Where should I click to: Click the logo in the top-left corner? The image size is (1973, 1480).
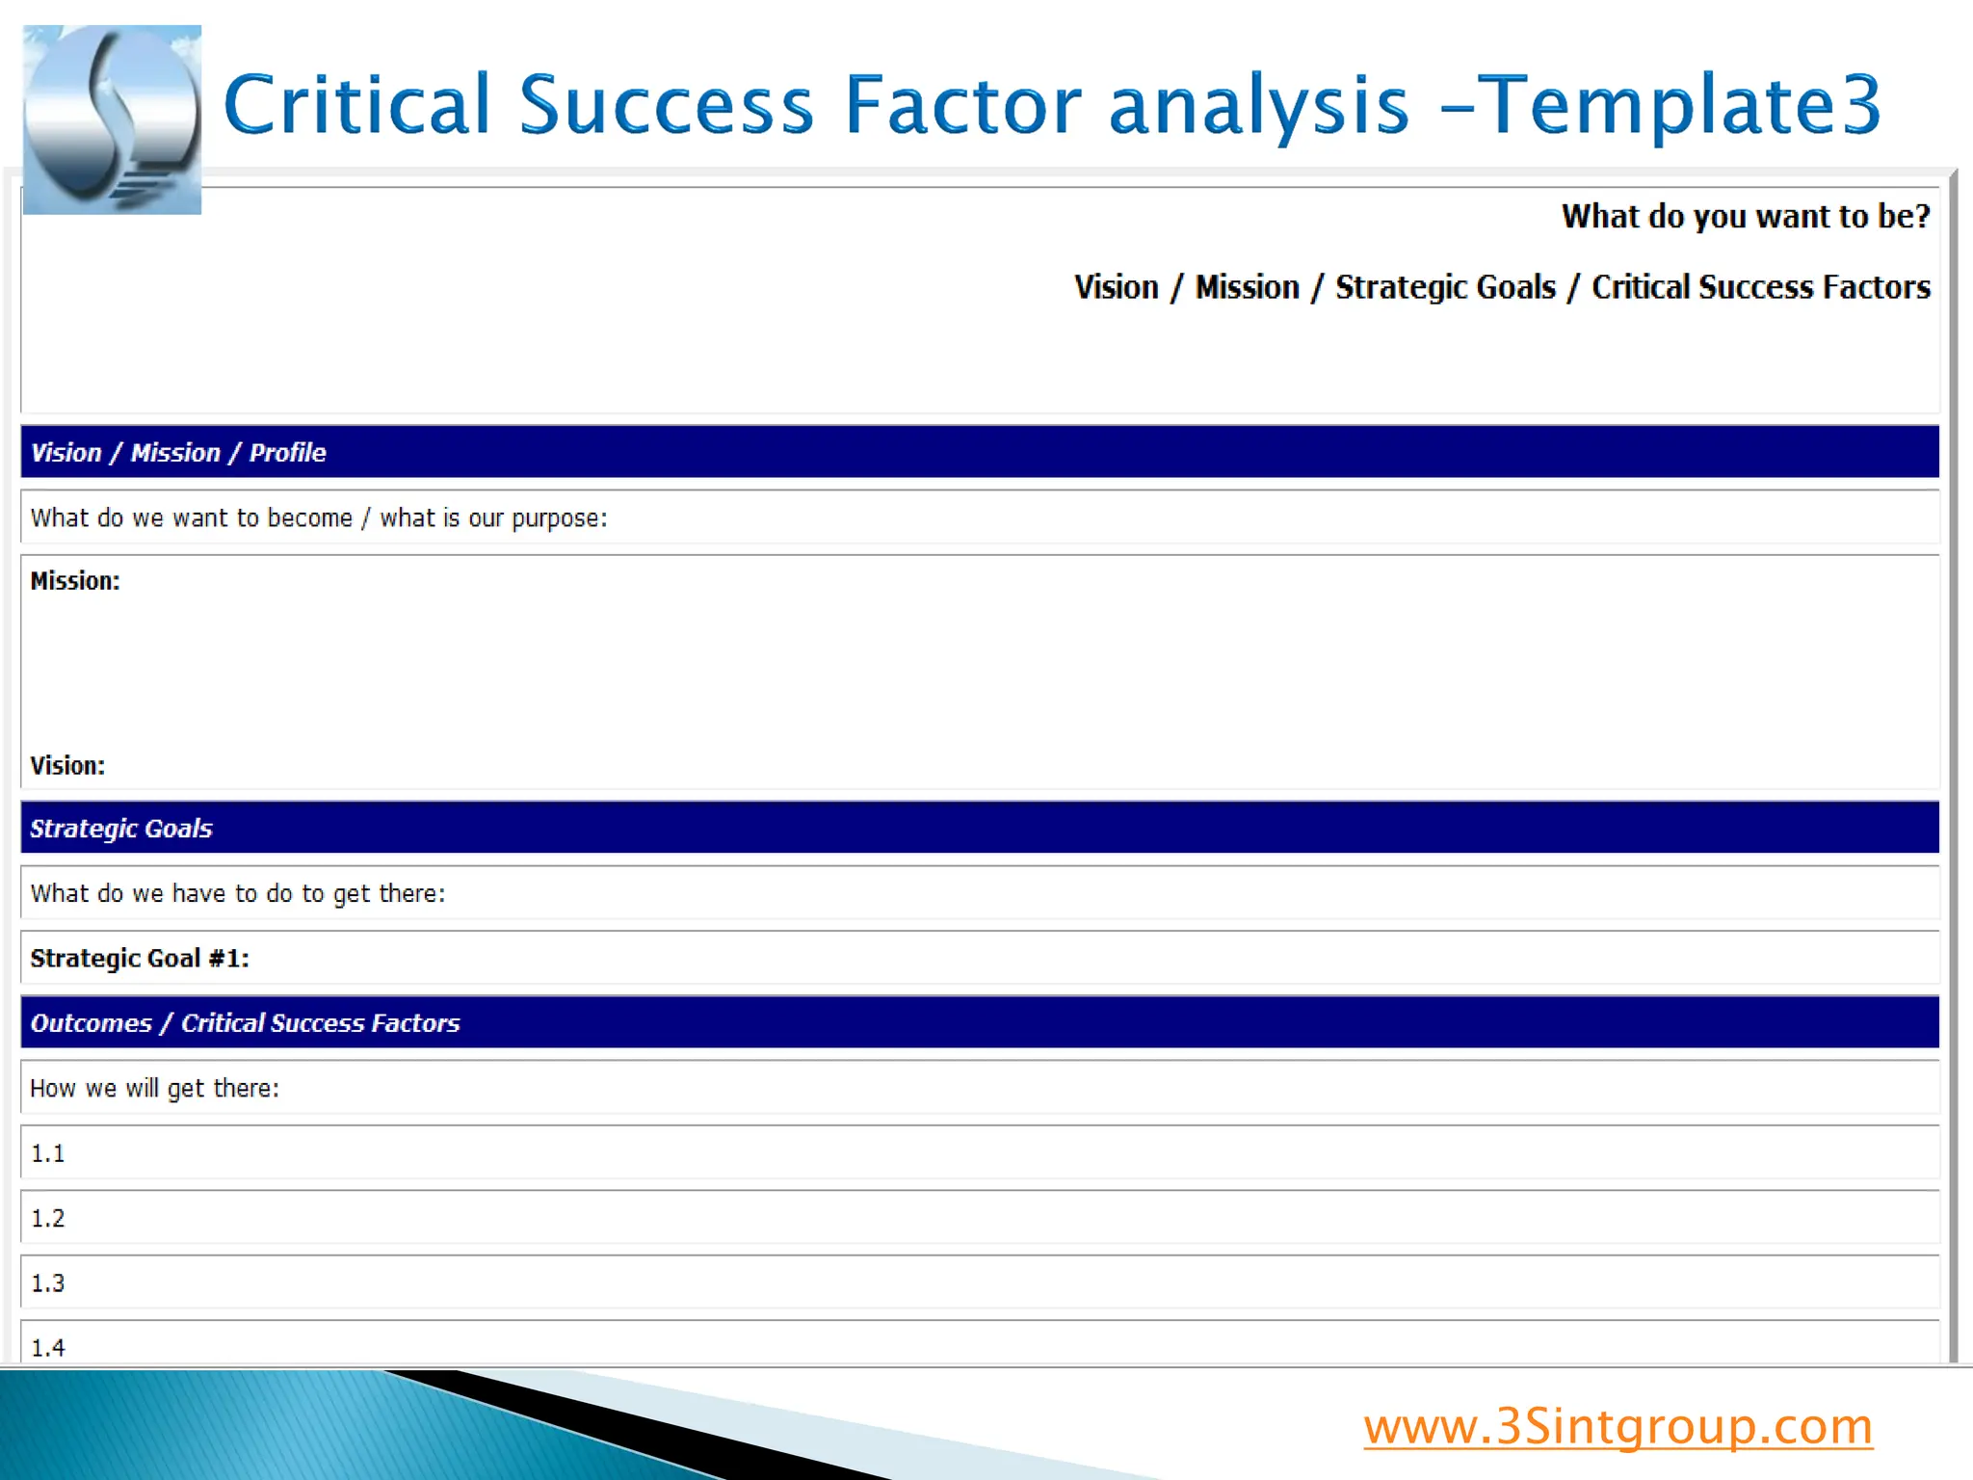[x=112, y=119]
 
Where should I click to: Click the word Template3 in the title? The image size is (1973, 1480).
[x=1678, y=105]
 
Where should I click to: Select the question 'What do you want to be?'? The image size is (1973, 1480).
[x=1745, y=217]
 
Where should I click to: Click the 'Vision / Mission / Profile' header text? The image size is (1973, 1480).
[x=178, y=453]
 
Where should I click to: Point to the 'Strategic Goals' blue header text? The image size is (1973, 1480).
[x=121, y=829]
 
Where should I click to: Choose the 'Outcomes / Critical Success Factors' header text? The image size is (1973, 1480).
[x=245, y=1023]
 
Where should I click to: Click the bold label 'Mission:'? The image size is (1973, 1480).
[x=75, y=581]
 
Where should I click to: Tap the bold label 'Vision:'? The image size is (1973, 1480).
[x=67, y=766]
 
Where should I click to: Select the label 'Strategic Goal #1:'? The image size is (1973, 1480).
[x=140, y=959]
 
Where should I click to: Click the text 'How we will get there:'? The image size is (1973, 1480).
[x=154, y=1089]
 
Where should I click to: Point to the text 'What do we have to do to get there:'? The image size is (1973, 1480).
[x=237, y=894]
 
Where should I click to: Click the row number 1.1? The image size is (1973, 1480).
[x=47, y=1154]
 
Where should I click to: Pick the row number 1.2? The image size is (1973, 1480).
[x=47, y=1219]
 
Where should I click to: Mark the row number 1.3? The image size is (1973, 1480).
[x=47, y=1283]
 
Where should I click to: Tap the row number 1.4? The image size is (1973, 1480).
[x=47, y=1348]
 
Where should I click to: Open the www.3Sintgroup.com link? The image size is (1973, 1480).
[x=1618, y=1427]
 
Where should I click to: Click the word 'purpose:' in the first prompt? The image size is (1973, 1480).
[x=560, y=518]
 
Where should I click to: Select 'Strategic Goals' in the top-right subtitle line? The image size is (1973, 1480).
[x=1445, y=287]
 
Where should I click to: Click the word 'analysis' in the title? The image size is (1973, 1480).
[x=1259, y=105]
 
